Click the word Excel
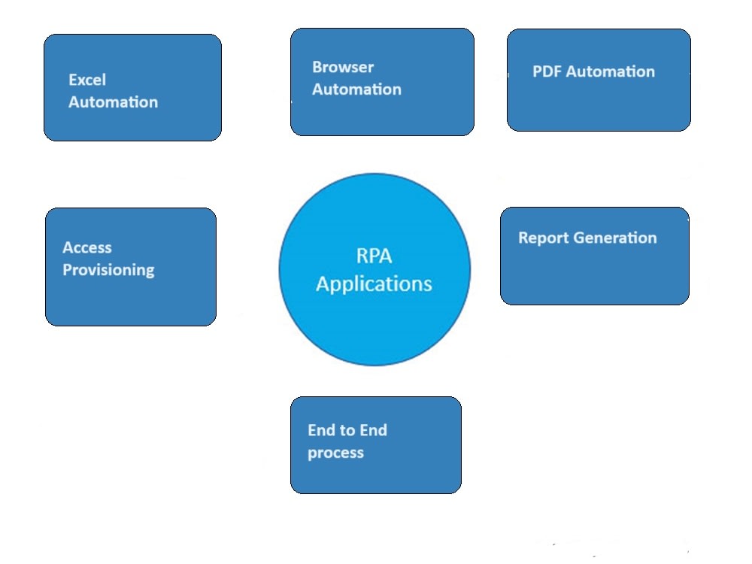click(x=87, y=80)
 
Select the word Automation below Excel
click(x=113, y=102)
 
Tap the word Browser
click(x=343, y=67)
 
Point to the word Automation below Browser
click(x=356, y=89)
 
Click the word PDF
click(x=547, y=71)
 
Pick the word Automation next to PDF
click(x=610, y=71)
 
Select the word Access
click(x=87, y=247)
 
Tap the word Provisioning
click(x=108, y=270)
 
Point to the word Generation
click(x=614, y=238)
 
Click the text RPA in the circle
click(x=374, y=256)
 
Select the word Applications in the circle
click(x=374, y=284)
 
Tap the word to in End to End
click(x=347, y=430)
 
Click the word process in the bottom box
click(x=335, y=453)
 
